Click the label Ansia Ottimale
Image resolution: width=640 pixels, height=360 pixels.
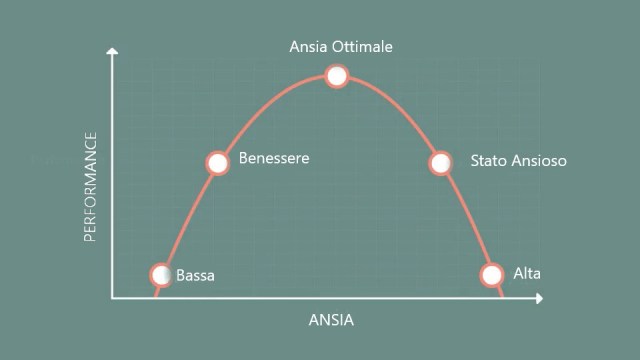click(x=341, y=47)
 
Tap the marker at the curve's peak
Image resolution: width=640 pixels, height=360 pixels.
click(x=337, y=76)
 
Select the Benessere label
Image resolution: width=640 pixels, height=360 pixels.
click(x=274, y=158)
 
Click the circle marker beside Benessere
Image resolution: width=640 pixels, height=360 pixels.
click(x=218, y=162)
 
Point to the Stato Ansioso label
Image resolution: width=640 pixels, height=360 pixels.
click(x=518, y=160)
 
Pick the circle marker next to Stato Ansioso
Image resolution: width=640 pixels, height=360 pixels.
click(x=441, y=162)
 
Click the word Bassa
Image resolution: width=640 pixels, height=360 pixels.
click(x=195, y=275)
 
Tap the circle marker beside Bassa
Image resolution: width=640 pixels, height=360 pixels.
click(x=161, y=275)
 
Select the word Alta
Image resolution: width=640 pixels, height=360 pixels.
click(x=528, y=273)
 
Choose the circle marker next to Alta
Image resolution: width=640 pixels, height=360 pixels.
click(x=491, y=274)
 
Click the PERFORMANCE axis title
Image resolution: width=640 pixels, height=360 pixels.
click(x=90, y=187)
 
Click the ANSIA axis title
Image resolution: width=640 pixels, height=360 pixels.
click(x=331, y=321)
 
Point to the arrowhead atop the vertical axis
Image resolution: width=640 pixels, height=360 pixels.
click(x=113, y=53)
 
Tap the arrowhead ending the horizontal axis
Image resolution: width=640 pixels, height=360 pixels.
click(x=539, y=298)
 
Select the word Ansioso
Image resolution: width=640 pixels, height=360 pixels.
click(x=540, y=160)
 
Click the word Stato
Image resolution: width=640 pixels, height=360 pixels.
click(x=489, y=160)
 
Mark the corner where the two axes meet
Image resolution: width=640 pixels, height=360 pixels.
click(x=113, y=298)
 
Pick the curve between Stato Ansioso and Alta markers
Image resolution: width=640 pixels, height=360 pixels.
click(x=468, y=218)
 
